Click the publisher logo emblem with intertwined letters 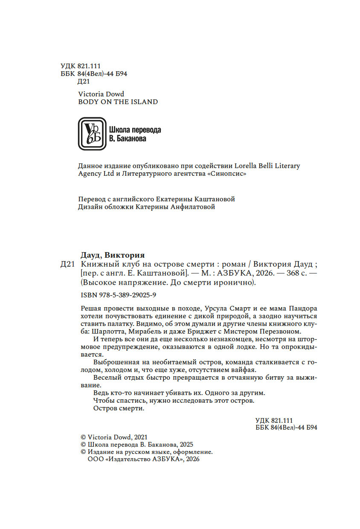(92, 134)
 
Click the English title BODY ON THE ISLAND (118, 102)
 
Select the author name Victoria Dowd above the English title (101, 94)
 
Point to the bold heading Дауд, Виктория (113, 256)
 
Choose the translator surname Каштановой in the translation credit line (215, 199)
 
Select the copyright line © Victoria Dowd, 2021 (114, 437)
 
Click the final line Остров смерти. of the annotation (119, 408)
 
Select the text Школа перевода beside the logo (135, 130)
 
